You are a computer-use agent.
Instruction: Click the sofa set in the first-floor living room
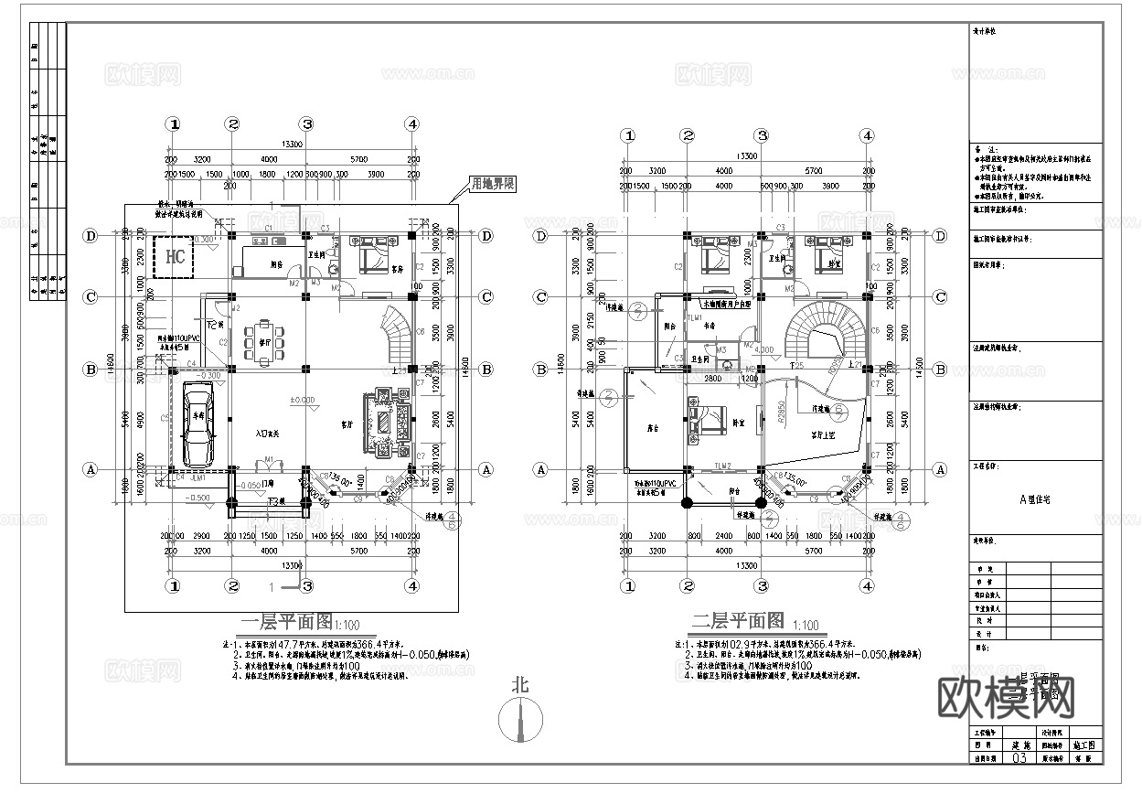tap(383, 423)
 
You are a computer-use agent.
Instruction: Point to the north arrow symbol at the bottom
tap(520, 723)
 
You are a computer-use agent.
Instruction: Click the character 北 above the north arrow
tap(520, 684)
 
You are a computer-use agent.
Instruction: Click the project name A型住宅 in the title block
tap(1034, 499)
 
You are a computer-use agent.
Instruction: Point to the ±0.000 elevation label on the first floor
tap(304, 400)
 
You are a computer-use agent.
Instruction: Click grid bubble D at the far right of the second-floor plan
tap(940, 235)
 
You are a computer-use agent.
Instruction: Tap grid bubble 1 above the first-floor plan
tap(174, 124)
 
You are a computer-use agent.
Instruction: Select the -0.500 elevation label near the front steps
tap(198, 498)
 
